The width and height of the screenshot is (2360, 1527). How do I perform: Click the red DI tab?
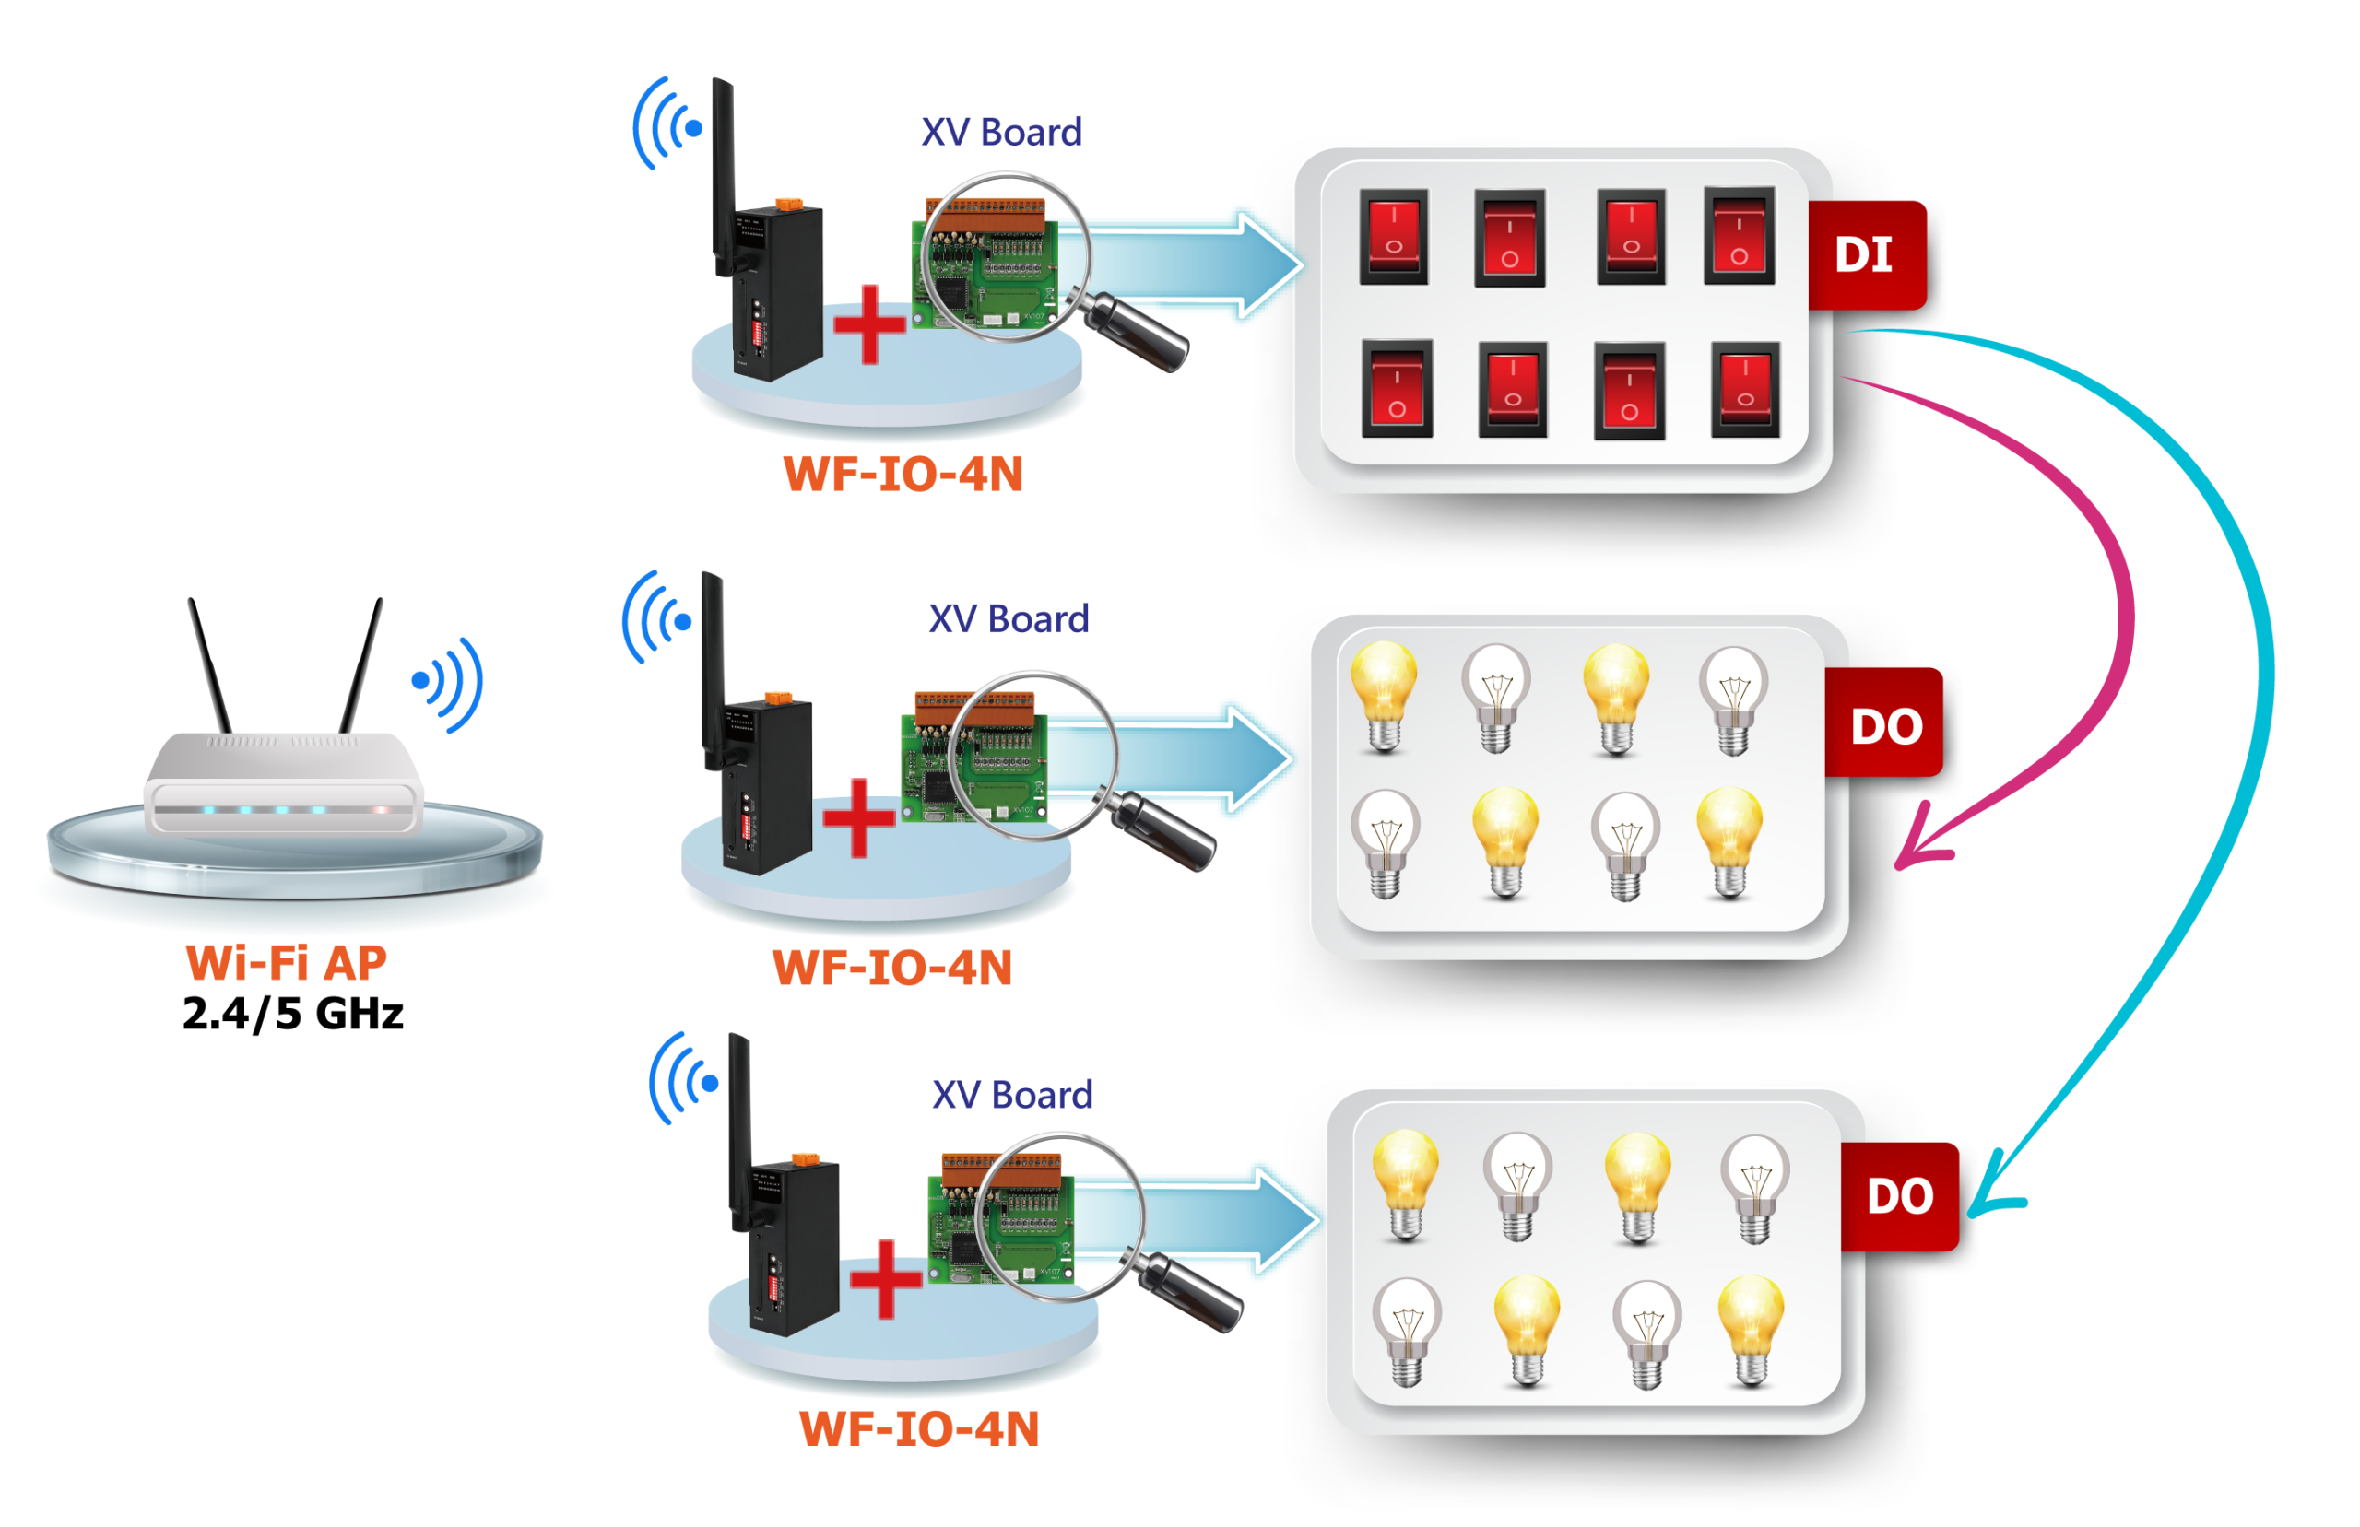coord(1865,255)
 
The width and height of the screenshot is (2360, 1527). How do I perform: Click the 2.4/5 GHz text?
coord(293,1015)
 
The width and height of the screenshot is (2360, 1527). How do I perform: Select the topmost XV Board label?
coord(1000,133)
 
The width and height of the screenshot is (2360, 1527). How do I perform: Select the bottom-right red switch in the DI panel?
coord(1745,390)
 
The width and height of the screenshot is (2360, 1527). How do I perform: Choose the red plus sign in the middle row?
coord(858,817)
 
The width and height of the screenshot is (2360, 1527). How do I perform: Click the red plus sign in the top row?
coord(869,324)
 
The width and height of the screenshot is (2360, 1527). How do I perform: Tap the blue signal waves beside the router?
coord(448,684)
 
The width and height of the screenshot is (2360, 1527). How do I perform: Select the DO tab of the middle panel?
coord(1885,727)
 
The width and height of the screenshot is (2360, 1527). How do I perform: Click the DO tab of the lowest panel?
coord(1900,1197)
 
